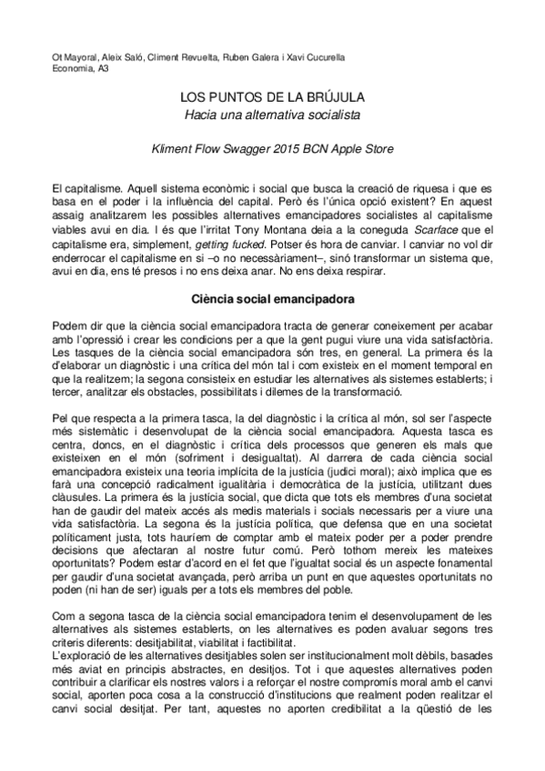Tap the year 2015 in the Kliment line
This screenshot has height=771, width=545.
pyautogui.click(x=297, y=147)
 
